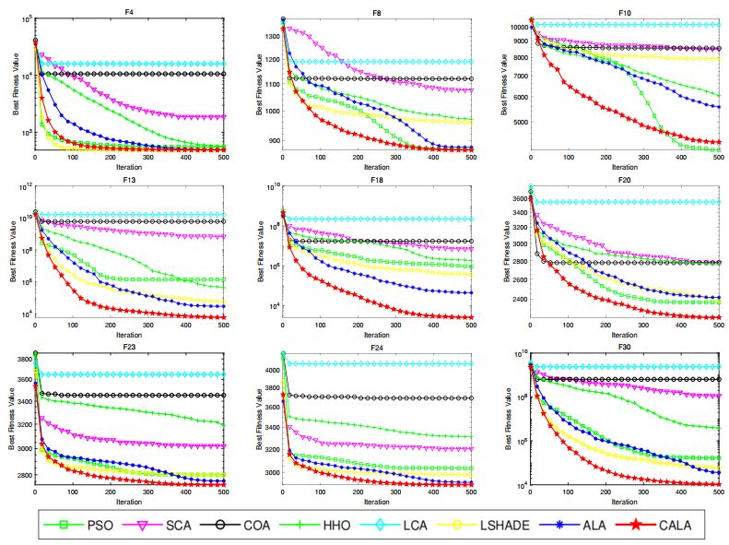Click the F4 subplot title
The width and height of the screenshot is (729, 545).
(129, 12)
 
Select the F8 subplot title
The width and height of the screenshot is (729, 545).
(377, 12)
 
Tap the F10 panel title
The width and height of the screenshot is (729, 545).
(625, 12)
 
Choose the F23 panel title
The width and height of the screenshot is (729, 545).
(129, 348)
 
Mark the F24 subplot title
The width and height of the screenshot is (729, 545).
(377, 348)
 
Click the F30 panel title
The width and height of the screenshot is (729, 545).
(625, 348)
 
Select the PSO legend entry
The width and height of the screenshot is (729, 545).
(97, 526)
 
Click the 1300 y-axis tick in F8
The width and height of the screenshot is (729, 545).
(268, 36)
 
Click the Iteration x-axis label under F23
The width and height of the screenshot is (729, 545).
(129, 502)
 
